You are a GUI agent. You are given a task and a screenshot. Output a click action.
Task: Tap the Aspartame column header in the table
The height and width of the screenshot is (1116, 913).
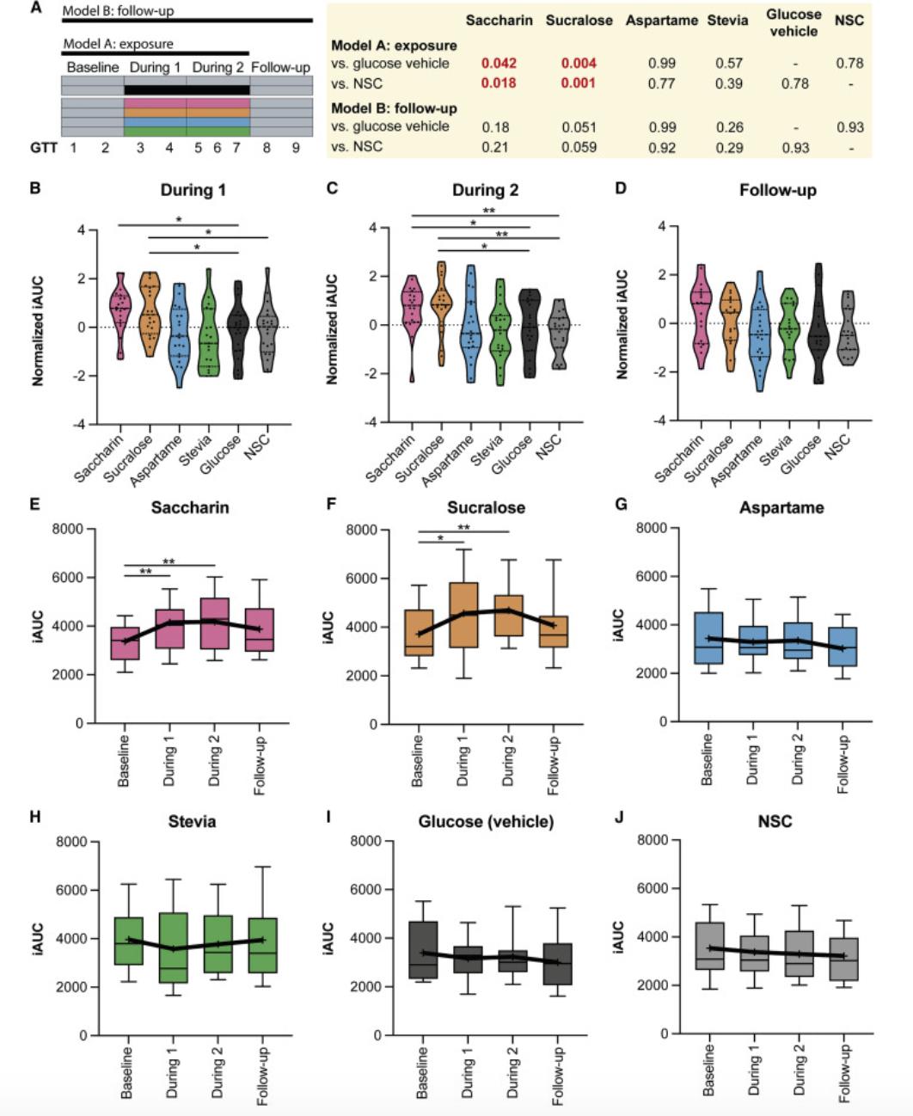661,20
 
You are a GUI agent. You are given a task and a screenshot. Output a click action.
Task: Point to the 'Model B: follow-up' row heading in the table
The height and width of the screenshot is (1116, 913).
394,108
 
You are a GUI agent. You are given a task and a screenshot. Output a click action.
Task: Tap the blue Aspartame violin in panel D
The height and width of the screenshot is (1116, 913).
759,331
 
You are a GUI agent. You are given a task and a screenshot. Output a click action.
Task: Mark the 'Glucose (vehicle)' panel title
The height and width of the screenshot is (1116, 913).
486,823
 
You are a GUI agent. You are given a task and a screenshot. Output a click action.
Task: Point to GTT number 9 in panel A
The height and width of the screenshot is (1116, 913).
296,147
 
